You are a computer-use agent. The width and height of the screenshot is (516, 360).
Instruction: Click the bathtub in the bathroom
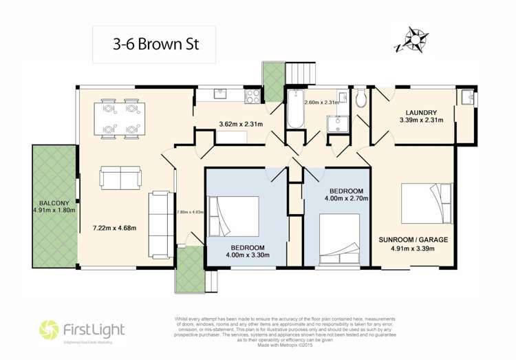(295, 109)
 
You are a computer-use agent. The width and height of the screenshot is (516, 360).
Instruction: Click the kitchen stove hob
(252, 97)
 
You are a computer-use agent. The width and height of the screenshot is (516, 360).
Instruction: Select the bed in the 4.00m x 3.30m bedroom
(234, 216)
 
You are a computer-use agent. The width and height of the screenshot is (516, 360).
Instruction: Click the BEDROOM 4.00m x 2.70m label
(350, 193)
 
